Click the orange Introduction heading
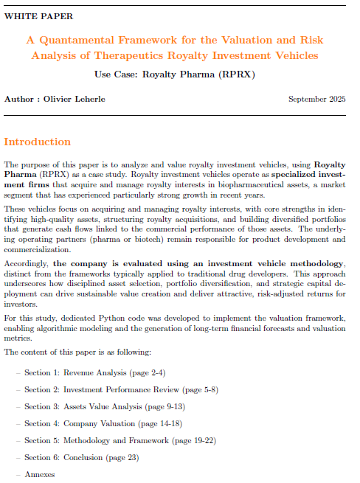tap(38, 142)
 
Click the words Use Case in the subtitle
tap(115, 74)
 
